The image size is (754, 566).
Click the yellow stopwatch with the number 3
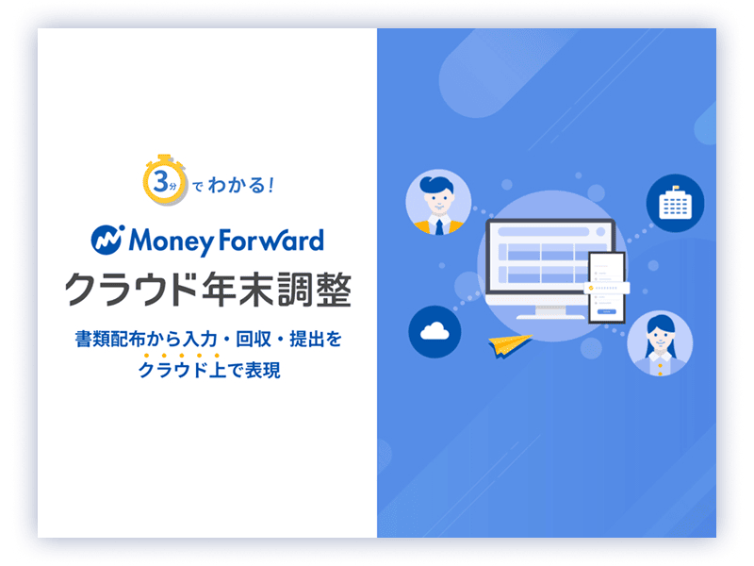[164, 180]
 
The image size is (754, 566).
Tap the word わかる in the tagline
[237, 185]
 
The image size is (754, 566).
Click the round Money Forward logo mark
[107, 240]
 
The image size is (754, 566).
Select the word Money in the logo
[171, 241]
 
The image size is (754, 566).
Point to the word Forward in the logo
[271, 241]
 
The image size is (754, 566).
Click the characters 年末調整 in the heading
[277, 290]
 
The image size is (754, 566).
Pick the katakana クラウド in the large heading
[131, 290]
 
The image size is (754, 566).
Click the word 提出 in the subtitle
[307, 340]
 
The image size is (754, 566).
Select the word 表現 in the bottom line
[263, 370]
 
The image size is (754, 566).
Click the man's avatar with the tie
[438, 202]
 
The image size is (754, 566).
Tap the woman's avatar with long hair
[661, 342]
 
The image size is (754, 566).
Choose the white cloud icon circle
[434, 332]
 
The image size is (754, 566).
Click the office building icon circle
[675, 203]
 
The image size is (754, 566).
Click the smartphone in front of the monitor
[607, 288]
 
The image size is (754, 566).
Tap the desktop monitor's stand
[550, 312]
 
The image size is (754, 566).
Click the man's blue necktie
[439, 226]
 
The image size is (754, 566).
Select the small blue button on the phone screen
[606, 312]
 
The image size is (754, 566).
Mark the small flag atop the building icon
[676, 187]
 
